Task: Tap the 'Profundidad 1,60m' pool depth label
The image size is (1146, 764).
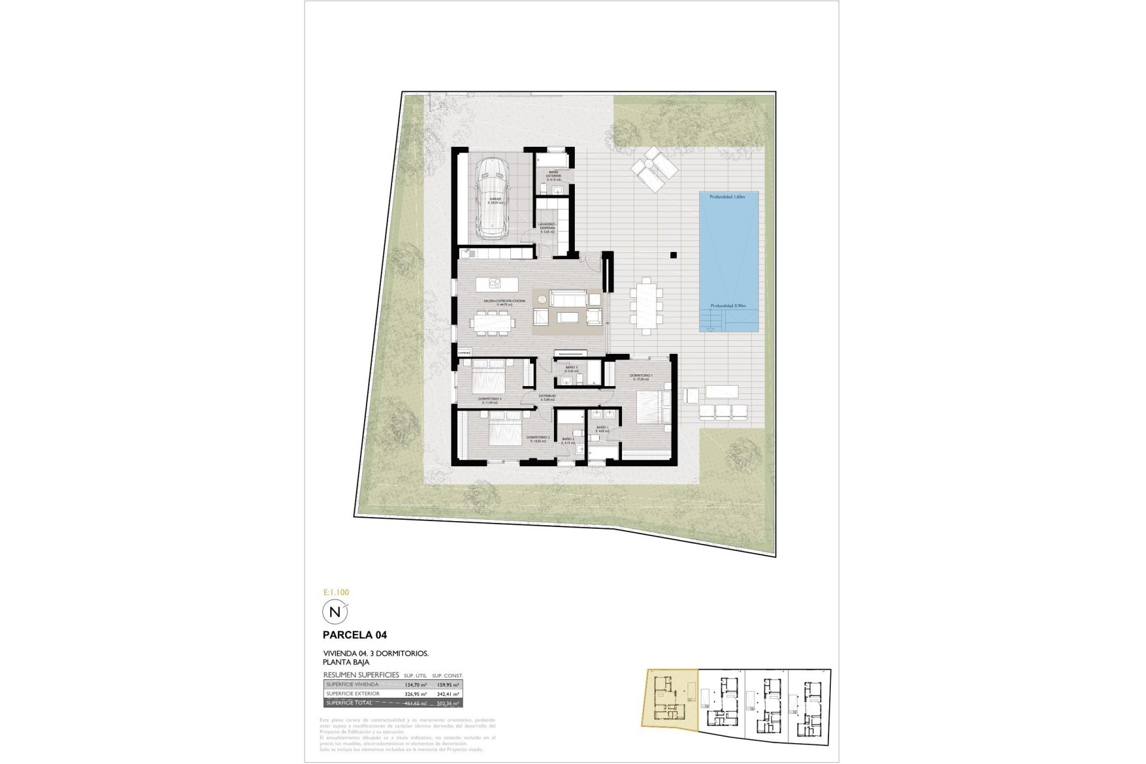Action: [x=728, y=196]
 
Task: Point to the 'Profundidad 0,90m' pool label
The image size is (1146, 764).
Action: [x=728, y=306]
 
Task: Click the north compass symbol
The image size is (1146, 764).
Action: [x=335, y=612]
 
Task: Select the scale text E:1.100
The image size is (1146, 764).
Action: [x=335, y=593]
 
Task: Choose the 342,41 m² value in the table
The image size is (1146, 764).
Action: [x=448, y=694]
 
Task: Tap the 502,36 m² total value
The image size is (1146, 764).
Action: [x=448, y=704]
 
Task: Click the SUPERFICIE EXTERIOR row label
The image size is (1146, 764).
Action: [x=353, y=694]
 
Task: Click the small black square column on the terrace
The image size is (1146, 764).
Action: [x=673, y=255]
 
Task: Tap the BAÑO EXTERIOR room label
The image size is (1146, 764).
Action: [x=553, y=174]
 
